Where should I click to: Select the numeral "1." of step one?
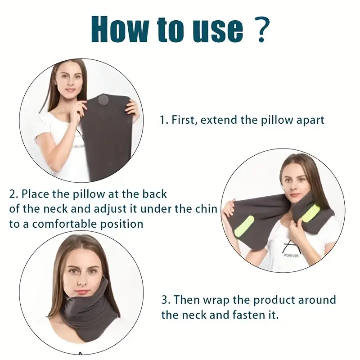point(164,120)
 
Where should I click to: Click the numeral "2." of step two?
point(13,194)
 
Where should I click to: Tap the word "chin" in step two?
point(207,209)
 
